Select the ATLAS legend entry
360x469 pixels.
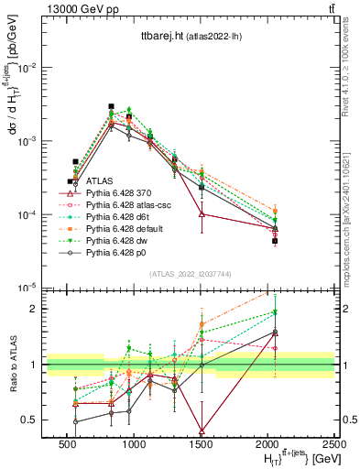[99, 182]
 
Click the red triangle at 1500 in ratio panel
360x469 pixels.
[202, 431]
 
